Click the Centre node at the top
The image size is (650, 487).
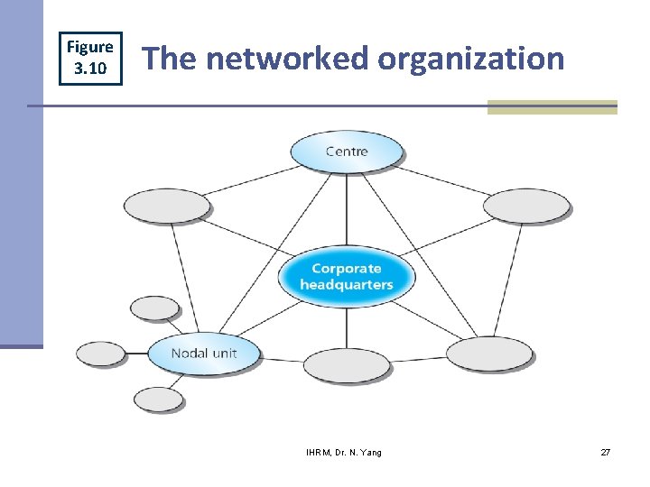(x=347, y=151)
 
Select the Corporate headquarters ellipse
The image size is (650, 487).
(x=347, y=276)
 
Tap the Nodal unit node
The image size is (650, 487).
(x=204, y=353)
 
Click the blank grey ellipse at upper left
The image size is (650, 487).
(x=166, y=207)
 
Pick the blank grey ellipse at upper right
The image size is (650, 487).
(x=526, y=207)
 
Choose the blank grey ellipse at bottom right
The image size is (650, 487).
(x=489, y=354)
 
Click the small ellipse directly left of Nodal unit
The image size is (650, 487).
(x=100, y=353)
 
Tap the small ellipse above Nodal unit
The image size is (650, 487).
(x=155, y=308)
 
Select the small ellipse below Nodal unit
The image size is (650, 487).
(x=158, y=399)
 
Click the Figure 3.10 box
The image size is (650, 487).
(x=90, y=59)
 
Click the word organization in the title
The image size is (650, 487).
(x=471, y=60)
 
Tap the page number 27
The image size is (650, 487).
(x=605, y=452)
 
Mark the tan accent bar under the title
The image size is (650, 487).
(x=552, y=107)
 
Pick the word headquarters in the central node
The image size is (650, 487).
(x=347, y=285)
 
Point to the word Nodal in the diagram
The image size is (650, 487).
(x=188, y=353)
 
